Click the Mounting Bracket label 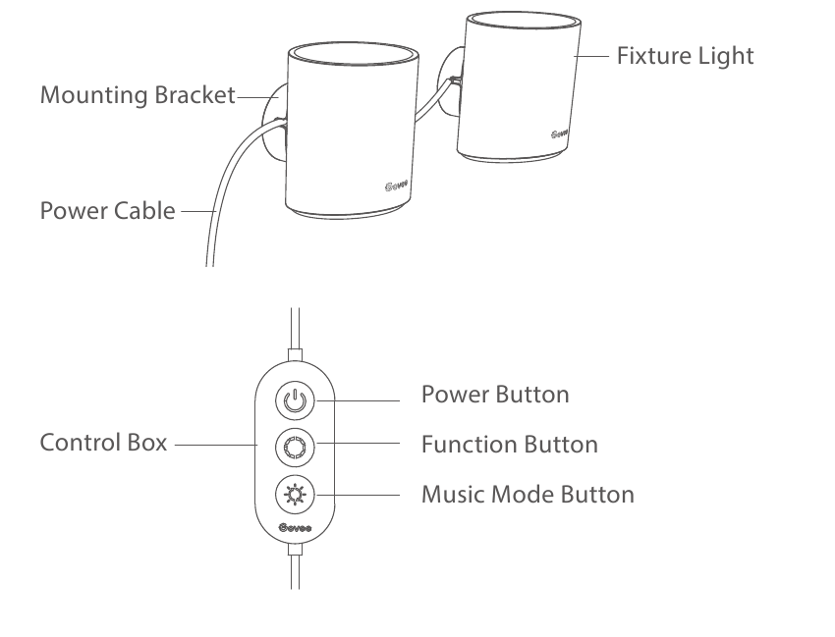[x=138, y=95]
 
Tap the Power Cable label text [x=108, y=211]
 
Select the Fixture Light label [x=685, y=56]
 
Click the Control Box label [x=102, y=443]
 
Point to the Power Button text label [x=494, y=395]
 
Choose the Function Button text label [x=509, y=445]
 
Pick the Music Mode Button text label [x=528, y=494]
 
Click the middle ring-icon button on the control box [x=295, y=448]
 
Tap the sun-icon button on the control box [x=295, y=495]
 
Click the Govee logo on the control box [x=294, y=530]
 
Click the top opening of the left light [x=355, y=57]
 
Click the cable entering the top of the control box [x=293, y=329]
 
